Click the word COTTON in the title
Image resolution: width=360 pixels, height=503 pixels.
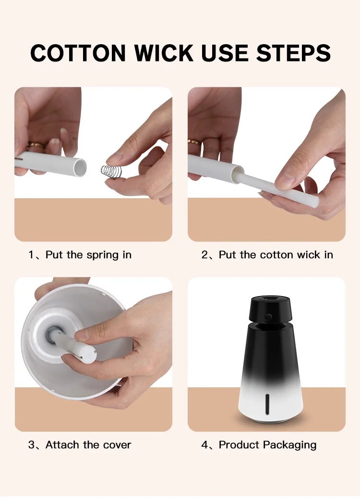(x=78, y=53)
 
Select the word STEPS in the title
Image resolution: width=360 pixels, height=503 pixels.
(x=293, y=53)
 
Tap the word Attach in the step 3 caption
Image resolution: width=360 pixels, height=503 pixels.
(x=62, y=445)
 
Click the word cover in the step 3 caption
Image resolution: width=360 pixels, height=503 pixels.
(x=117, y=445)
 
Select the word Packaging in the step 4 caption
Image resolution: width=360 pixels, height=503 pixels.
(x=292, y=445)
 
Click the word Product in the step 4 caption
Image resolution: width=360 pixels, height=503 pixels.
(x=241, y=445)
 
